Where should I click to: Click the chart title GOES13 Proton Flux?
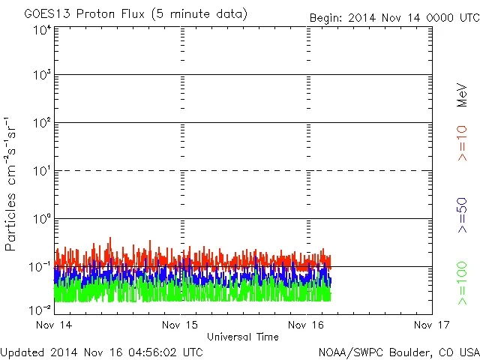click(135, 14)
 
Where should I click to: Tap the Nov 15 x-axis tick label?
click(182, 325)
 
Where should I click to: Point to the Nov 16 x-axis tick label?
click(307, 325)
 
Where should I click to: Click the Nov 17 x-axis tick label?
click(431, 325)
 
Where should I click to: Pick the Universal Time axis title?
click(243, 337)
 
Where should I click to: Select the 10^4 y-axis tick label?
click(42, 30)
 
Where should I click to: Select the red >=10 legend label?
click(462, 142)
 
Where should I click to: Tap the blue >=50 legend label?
click(462, 215)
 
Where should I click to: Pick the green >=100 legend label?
click(462, 283)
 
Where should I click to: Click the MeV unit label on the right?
click(462, 95)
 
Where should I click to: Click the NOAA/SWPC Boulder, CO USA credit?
click(398, 351)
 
